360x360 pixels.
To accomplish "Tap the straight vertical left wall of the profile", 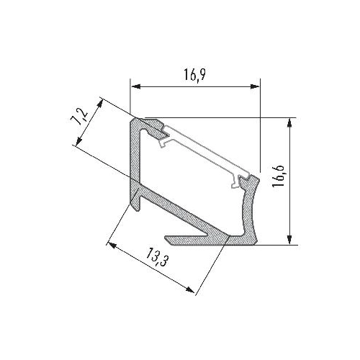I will pos(135,158).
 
